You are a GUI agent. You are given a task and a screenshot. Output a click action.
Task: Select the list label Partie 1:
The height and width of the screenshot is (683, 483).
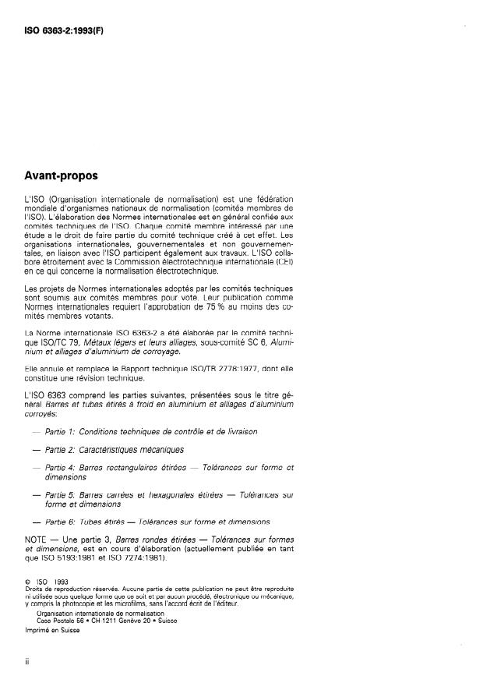click(60, 430)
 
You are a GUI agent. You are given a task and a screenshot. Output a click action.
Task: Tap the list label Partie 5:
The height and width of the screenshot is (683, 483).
click(60, 494)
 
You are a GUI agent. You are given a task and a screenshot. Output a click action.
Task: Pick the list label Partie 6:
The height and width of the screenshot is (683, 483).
click(60, 520)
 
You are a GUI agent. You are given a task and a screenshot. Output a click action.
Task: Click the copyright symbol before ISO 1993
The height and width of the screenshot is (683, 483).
click(28, 581)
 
